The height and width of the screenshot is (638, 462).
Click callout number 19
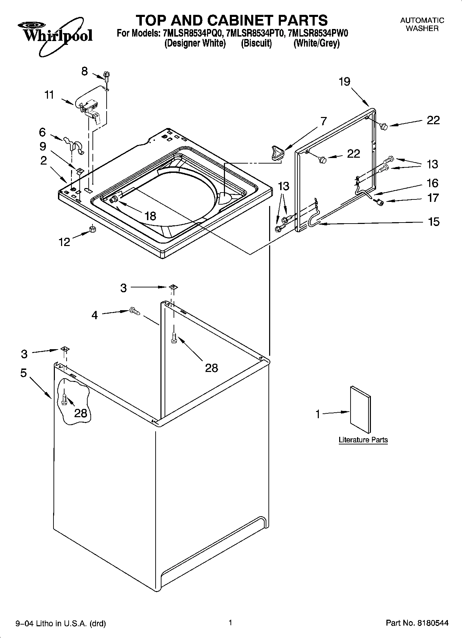(344, 82)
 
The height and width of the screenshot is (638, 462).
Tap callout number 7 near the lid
(323, 121)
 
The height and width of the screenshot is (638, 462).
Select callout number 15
(433, 222)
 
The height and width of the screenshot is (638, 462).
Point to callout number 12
(65, 242)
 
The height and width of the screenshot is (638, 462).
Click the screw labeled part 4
(134, 311)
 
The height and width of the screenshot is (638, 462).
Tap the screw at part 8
(107, 76)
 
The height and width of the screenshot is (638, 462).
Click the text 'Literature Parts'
(363, 440)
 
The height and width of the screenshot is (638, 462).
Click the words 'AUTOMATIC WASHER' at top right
(422, 24)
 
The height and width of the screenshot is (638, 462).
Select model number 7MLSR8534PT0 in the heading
(256, 33)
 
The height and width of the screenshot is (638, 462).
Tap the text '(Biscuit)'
(256, 43)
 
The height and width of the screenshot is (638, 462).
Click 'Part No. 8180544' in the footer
(417, 623)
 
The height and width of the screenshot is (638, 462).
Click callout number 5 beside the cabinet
(23, 373)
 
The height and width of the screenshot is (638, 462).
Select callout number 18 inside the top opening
(150, 216)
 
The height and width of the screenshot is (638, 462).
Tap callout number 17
(433, 198)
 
